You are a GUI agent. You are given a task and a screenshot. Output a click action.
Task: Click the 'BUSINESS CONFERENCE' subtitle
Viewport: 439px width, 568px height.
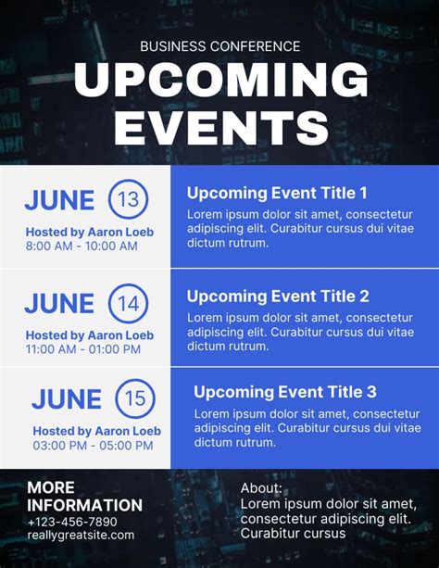[x=219, y=46]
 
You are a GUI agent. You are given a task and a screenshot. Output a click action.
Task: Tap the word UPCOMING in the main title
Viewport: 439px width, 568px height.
[x=219, y=82]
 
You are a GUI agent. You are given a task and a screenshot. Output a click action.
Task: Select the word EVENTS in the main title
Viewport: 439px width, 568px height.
[x=219, y=128]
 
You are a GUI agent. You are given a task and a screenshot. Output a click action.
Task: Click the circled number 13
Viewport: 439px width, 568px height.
[x=129, y=199]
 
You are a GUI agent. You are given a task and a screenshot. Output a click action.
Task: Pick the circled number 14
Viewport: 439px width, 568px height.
[x=129, y=303]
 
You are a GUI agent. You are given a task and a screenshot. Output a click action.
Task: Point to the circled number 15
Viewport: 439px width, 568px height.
[x=135, y=399]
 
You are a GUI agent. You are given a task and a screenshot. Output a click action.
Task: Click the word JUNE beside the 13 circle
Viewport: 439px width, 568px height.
[x=59, y=200]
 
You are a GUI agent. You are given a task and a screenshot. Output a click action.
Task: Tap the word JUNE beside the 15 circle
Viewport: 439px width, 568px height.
[x=67, y=399]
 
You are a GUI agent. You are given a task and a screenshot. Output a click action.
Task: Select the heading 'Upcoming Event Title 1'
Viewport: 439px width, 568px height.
[x=277, y=193]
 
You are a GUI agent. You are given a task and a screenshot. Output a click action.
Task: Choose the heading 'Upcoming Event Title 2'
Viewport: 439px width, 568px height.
[x=278, y=297]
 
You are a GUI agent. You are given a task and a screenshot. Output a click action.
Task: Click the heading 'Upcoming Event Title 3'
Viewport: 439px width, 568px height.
[x=285, y=392]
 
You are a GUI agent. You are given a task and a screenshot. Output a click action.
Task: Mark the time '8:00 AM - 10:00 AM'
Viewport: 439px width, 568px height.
[x=82, y=246]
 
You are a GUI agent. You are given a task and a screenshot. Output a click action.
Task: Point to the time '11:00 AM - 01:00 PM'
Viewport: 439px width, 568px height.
[x=83, y=349]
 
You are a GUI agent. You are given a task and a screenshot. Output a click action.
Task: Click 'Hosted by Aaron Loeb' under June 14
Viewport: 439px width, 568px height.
[x=90, y=334]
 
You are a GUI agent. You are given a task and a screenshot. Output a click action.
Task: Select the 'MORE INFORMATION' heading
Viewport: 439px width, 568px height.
[x=84, y=497]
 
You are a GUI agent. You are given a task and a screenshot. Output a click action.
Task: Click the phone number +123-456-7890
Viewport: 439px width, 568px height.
[x=72, y=522]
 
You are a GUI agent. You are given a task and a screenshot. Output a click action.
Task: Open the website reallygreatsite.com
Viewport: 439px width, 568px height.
[x=81, y=535]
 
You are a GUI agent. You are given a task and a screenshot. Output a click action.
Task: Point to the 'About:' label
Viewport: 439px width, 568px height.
[x=261, y=488]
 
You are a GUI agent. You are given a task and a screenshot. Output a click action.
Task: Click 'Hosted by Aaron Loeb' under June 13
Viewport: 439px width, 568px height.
[x=90, y=232]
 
